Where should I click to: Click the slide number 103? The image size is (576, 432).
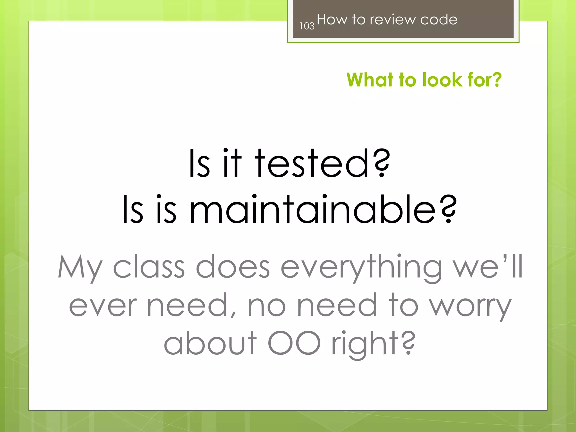pos(307,26)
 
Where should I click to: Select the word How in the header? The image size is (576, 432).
pos(332,20)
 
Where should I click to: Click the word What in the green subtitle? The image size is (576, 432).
pos(370,80)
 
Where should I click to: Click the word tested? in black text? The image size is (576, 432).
pos(322,164)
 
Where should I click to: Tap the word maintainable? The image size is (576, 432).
pos(323,210)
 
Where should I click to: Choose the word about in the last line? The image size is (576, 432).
pos(210,343)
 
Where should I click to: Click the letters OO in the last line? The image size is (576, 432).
pos(294,343)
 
